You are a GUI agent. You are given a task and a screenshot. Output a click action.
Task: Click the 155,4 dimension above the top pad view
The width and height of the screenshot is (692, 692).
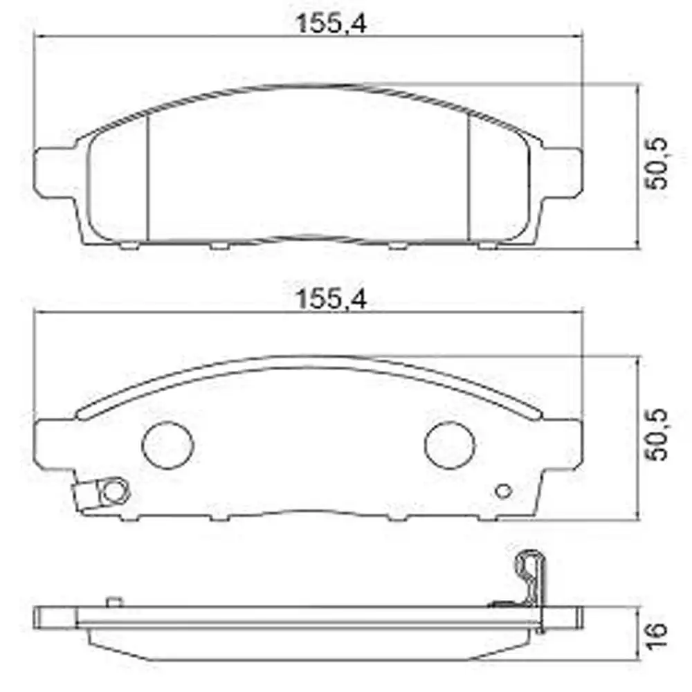pos(331,24)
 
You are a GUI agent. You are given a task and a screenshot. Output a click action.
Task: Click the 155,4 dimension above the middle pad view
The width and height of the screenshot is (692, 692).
pos(331,299)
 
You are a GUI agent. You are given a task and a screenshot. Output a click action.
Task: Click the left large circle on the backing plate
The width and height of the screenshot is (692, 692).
pos(167,445)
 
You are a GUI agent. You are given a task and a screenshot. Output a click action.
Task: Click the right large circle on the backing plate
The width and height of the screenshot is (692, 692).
pos(450,445)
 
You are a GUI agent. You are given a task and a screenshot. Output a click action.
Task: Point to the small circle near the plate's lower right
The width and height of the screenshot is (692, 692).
pos(504,491)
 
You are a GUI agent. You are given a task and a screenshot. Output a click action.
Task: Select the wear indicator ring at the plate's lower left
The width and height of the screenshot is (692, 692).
pos(114,491)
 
